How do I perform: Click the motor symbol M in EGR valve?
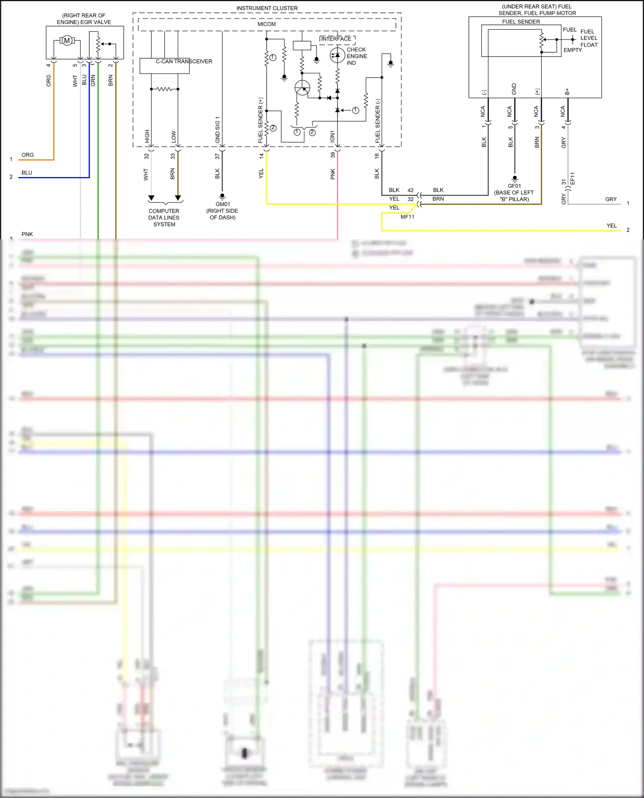click(67, 41)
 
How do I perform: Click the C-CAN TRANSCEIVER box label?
click(184, 61)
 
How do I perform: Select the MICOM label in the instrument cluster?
click(267, 24)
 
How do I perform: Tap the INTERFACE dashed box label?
click(336, 39)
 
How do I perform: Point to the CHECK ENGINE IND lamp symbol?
click(337, 55)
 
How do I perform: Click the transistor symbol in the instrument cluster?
click(302, 88)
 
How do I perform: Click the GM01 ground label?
click(223, 204)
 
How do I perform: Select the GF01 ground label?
click(514, 186)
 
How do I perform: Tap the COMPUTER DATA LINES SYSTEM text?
click(164, 217)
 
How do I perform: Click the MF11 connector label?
click(407, 217)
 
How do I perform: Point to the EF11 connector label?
click(572, 178)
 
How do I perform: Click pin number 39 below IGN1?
click(332, 155)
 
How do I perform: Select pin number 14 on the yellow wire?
click(261, 156)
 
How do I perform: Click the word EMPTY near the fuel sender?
click(572, 50)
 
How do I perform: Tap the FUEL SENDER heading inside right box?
click(521, 22)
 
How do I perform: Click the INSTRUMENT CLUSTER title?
click(267, 8)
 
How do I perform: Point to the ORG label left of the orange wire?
click(27, 155)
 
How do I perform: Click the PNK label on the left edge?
click(27, 234)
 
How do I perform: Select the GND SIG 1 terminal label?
click(217, 129)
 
